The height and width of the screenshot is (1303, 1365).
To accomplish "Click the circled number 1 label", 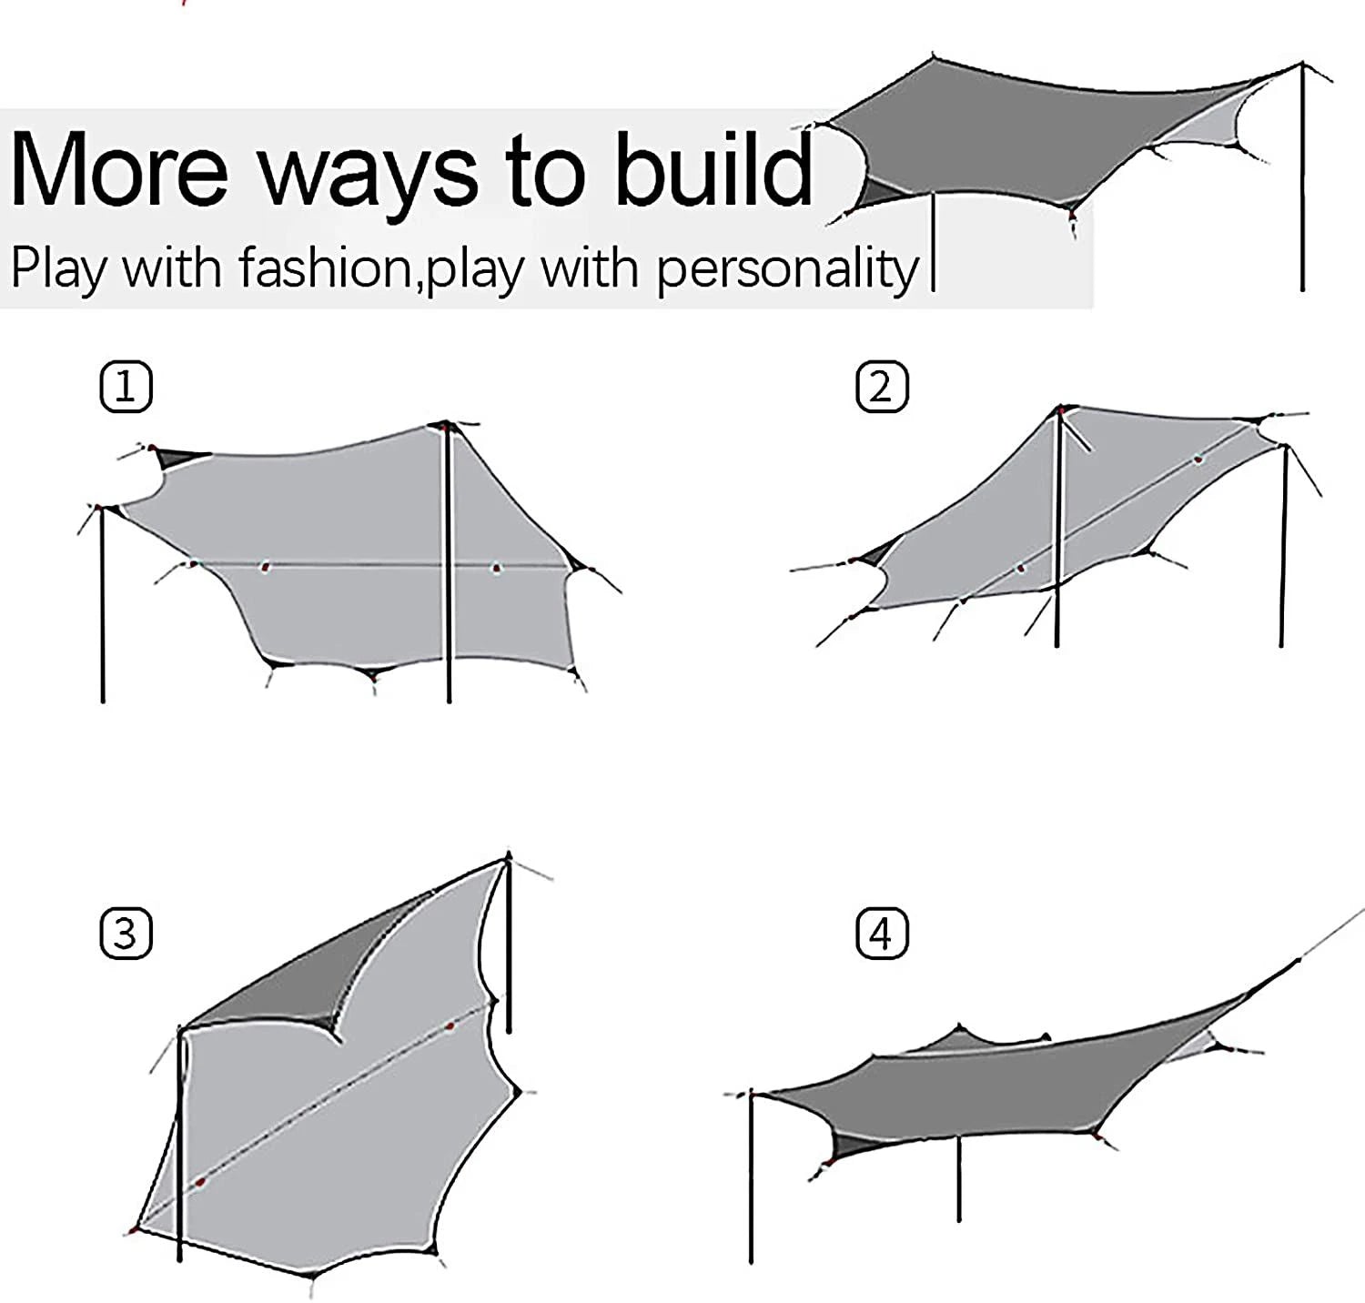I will click(x=126, y=389).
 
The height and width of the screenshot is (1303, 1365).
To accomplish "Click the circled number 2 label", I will click(x=882, y=388).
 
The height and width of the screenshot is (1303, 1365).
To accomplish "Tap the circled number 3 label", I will click(x=126, y=934).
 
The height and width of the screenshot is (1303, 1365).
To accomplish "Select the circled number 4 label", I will click(x=882, y=934).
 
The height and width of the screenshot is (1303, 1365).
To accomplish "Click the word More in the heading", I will click(x=118, y=170).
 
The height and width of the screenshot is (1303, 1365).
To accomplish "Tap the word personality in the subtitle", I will click(x=787, y=269).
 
